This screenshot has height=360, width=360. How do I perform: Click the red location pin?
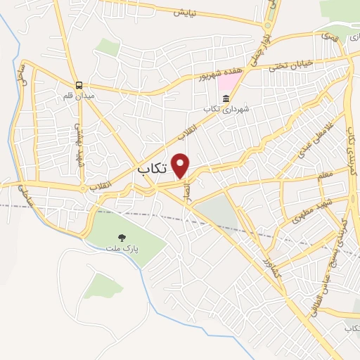pos(181,165)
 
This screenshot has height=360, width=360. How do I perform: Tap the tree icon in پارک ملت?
pos(122,238)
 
